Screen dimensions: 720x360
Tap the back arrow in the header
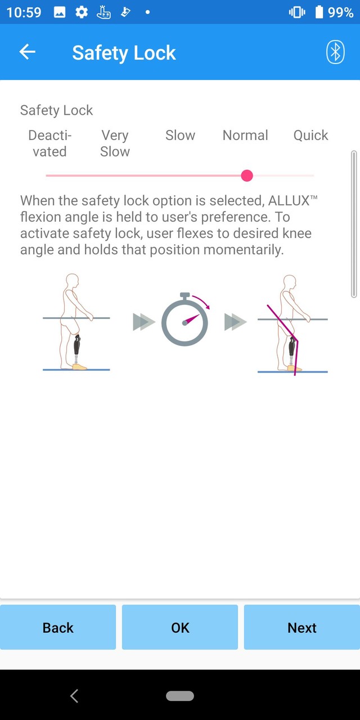[27, 52]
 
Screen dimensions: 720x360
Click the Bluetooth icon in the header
[335, 52]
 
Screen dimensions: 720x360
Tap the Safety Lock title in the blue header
[124, 53]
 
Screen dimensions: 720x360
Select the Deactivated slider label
[49, 143]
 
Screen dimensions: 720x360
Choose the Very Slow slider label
[115, 143]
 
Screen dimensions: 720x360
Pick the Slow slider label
[180, 136]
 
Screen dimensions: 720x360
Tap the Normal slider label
[245, 136]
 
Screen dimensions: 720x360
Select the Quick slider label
[310, 136]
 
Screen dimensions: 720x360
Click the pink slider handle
[247, 175]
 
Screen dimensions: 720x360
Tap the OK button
[180, 627]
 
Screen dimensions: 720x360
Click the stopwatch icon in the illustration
[184, 321]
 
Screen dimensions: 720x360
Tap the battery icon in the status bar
[319, 12]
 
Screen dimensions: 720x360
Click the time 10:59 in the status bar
[24, 12]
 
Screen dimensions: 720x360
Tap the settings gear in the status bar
[82, 12]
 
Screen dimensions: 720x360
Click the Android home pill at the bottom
[180, 696]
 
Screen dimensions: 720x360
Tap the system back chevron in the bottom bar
[74, 696]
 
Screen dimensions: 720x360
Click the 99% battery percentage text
[341, 12]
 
